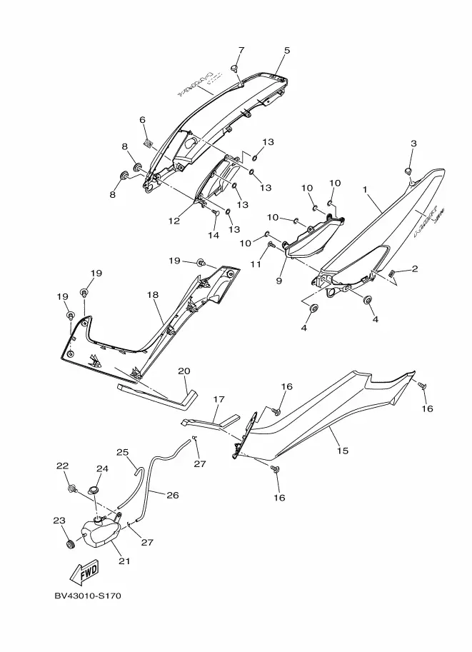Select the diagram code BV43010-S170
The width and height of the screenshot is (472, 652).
(87, 596)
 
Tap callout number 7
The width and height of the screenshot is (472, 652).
(241, 50)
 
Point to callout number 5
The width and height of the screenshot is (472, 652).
(287, 51)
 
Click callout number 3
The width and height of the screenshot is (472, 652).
(413, 144)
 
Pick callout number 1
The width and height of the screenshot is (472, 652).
(365, 190)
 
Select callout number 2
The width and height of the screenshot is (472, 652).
(414, 269)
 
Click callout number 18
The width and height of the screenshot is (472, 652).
(152, 294)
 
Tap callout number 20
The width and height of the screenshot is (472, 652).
(184, 371)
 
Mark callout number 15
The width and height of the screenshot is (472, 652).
(343, 451)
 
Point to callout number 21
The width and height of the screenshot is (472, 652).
(124, 561)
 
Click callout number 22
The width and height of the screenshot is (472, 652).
(63, 466)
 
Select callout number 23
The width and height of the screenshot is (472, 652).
(59, 521)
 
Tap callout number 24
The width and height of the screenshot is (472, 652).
(102, 469)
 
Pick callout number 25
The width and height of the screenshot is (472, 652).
(122, 452)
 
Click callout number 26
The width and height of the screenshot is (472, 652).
(172, 494)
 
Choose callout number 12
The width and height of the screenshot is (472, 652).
(174, 221)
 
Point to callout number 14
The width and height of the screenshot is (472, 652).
(213, 235)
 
